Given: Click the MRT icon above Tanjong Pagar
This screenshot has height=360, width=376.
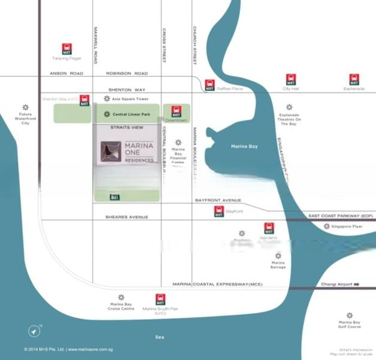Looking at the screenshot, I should pos(67,48).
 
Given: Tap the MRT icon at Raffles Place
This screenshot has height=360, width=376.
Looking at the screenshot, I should pos(209,85).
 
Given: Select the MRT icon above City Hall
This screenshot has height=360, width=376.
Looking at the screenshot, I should pos(291,79).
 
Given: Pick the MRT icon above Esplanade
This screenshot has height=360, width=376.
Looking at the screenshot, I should pos(354,79).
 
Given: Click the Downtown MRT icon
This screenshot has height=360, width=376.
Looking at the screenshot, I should pos(176,111).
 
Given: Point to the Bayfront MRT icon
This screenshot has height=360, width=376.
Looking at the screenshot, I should pos(219,211).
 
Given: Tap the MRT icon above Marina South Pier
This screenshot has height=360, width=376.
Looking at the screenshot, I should pos(160,299).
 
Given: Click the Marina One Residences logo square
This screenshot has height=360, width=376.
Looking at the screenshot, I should pos(111,152).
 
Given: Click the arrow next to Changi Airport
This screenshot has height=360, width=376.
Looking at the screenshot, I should pos(356,284).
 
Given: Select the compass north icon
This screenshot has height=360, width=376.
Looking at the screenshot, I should pos(34,331).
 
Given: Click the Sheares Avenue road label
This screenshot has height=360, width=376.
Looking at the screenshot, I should pos(127,217).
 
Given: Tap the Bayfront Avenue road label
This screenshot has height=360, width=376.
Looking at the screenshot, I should pos(218,200).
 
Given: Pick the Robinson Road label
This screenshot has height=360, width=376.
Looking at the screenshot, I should pos(127,73).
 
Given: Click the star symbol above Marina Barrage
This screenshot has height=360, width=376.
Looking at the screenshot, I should pos(278,256).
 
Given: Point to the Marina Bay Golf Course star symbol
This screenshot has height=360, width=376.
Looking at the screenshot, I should pos(350,315).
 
